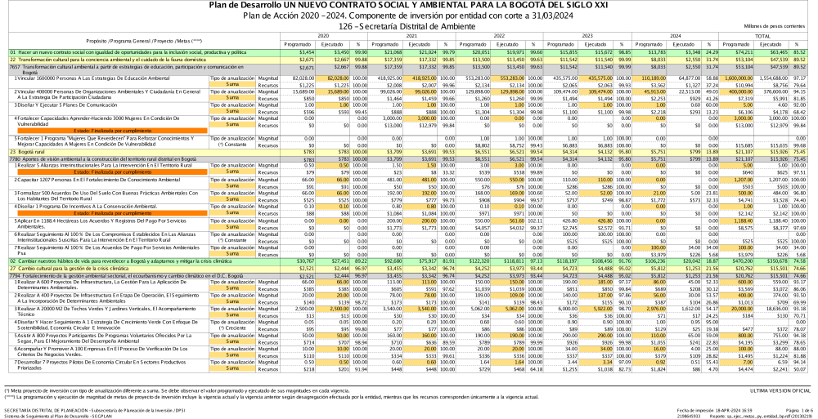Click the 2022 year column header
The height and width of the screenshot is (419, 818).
pyautogui.click(x=498, y=36)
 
